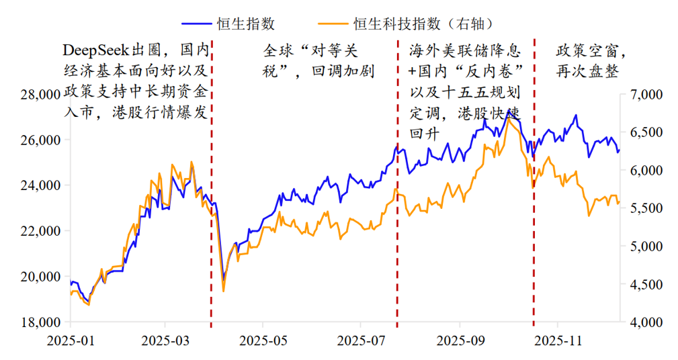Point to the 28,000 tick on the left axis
pos(40,95)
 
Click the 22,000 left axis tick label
pos(40,231)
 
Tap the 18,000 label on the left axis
pos(40,322)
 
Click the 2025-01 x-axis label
pos(70,340)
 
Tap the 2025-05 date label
pos(263,340)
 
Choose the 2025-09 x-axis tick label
pos(461,340)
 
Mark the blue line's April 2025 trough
pos(224,275)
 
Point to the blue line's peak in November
pos(576,116)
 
